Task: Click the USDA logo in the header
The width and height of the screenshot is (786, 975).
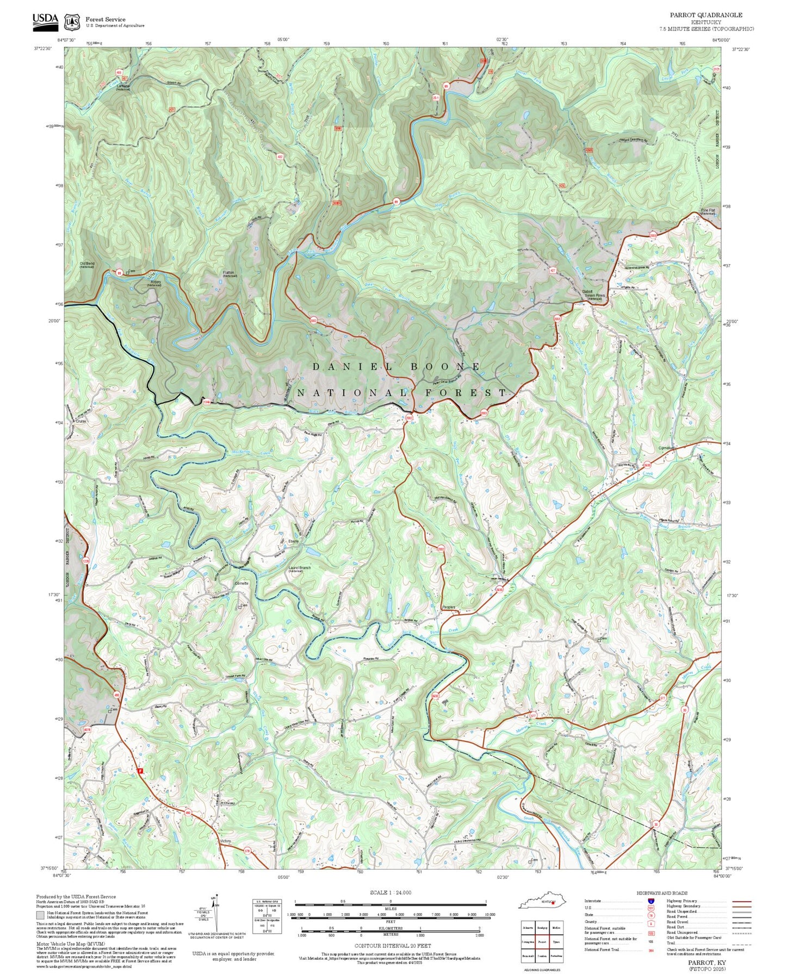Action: tap(45, 20)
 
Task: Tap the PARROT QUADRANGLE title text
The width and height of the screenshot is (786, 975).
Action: tap(705, 15)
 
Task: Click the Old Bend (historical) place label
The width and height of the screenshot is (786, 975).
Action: tap(87, 265)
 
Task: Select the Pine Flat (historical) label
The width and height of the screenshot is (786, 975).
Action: tap(708, 211)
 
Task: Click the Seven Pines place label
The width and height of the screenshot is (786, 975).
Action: tap(594, 296)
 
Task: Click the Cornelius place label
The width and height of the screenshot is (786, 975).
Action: tap(666, 448)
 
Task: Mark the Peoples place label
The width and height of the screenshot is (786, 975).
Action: tap(448, 608)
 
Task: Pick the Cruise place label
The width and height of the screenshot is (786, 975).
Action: tap(81, 421)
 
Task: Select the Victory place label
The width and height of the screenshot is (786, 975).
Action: tap(225, 841)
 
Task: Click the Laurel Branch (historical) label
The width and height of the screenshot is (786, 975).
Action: tap(299, 568)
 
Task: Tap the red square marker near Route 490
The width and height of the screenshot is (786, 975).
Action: tap(140, 771)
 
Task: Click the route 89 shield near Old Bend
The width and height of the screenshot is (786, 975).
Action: tap(119, 273)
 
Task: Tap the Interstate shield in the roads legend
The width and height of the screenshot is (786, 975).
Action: tap(651, 901)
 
